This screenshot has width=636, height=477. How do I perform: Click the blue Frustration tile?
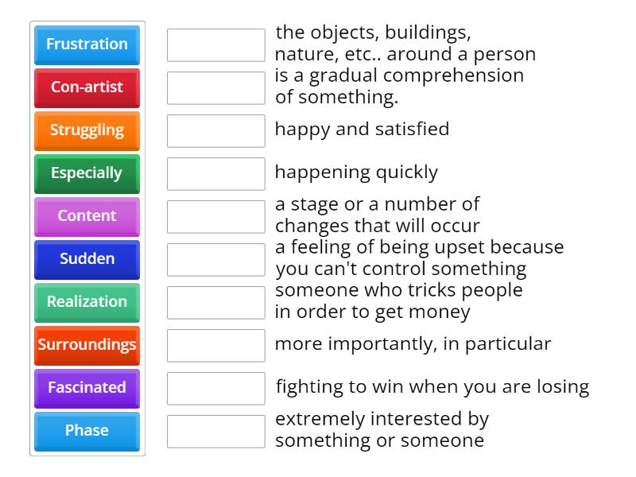coord(87,45)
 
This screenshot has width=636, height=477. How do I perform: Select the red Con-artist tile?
coord(87,87)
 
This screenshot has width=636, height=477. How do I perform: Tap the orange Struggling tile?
coord(87,130)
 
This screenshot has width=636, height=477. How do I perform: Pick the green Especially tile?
coord(87,173)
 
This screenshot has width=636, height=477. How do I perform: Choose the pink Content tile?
coord(87,216)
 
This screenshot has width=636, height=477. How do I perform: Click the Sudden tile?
coord(87,259)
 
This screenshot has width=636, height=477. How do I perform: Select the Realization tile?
coord(87,302)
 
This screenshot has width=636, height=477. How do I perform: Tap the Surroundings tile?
coord(87,345)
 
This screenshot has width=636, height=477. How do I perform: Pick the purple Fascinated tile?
coord(87,388)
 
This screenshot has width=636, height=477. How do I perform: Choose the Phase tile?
coord(87,431)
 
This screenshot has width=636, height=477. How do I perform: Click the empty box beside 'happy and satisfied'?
coord(215,130)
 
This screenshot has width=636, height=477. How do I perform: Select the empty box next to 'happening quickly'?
coord(215,173)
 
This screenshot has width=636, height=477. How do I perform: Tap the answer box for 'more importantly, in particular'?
coord(215,345)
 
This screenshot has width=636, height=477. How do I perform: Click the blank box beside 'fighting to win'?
coord(215,388)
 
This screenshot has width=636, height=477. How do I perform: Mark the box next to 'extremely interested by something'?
coord(215,431)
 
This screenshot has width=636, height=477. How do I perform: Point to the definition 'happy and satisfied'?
coord(362,129)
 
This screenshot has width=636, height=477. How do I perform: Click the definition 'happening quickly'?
coord(356,172)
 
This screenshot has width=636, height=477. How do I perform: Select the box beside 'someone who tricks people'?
coord(215,302)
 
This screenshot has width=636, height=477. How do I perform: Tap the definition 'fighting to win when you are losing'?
coord(432,387)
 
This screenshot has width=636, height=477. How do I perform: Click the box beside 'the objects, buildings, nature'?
coord(215,45)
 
